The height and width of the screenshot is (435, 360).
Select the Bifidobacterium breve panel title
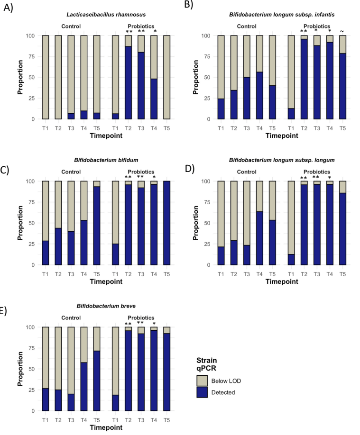point(111,306)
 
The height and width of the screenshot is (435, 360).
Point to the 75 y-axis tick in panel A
point(34,56)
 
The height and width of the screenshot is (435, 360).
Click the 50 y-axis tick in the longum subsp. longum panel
point(209,223)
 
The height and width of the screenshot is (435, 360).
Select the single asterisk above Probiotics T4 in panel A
point(155,32)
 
